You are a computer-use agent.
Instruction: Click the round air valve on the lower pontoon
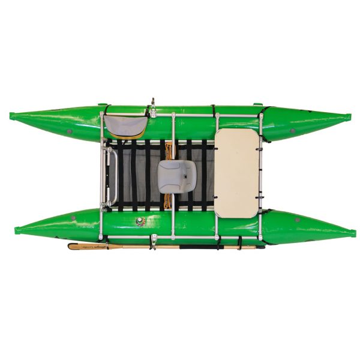142,220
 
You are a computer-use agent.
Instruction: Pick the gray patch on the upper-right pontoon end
292,130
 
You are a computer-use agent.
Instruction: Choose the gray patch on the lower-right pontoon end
297,220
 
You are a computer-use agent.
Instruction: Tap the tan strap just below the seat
169,200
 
